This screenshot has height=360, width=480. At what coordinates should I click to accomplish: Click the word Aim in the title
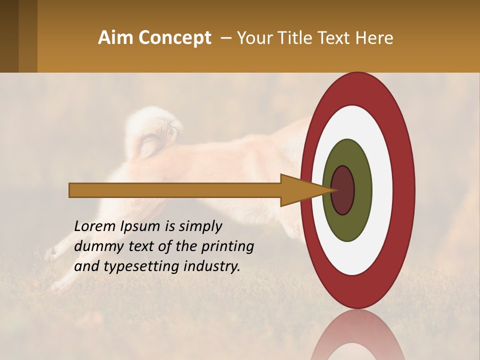coord(116,38)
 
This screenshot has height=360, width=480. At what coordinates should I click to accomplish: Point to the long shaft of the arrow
coord(175,190)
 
